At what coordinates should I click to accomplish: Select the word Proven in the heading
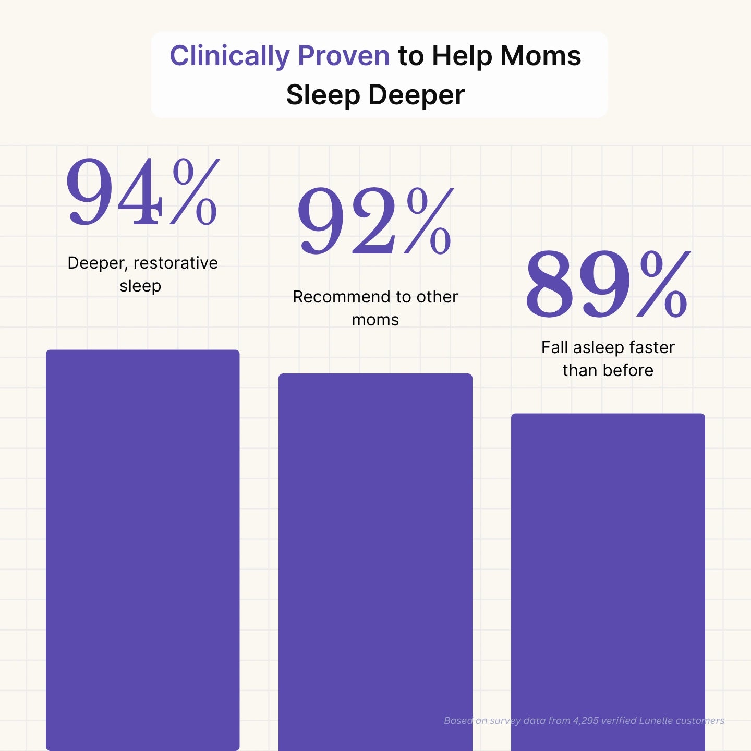[x=344, y=56]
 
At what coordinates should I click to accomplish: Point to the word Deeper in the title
[x=416, y=95]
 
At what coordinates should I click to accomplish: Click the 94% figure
[x=142, y=193]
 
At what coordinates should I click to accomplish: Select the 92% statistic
[x=375, y=222]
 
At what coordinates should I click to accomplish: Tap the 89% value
[x=608, y=284]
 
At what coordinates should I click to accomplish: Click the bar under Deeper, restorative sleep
[x=142, y=548]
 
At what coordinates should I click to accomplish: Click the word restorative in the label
[x=176, y=263]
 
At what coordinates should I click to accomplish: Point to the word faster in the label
[x=652, y=347]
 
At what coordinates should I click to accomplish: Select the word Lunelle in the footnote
[x=655, y=721]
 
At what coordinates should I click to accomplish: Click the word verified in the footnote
[x=619, y=721]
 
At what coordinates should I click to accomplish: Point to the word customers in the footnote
[x=699, y=721]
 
